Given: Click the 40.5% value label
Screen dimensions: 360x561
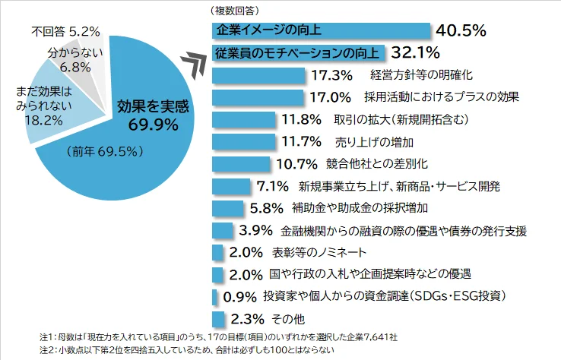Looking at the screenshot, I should [461, 30].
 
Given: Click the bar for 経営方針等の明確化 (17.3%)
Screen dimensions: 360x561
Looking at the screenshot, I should [258, 75].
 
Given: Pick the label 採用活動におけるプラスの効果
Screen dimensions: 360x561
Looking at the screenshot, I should [442, 97].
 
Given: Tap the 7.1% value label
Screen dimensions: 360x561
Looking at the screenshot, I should [272, 185].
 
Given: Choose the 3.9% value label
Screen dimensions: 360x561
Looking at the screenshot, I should [255, 229].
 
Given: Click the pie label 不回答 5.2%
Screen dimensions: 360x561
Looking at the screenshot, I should [65, 32].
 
